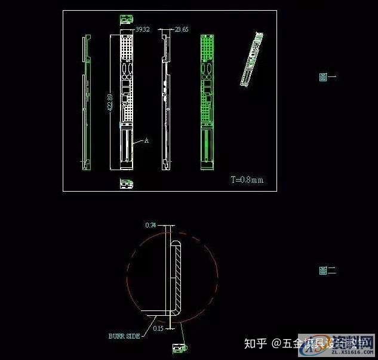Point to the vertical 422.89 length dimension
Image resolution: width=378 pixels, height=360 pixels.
click(x=110, y=101)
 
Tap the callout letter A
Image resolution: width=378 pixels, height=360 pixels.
click(x=146, y=141)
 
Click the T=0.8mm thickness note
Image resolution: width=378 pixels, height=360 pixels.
click(x=247, y=179)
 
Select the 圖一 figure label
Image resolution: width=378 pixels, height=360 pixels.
click(x=328, y=77)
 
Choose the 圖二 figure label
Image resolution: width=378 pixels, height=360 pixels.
click(x=328, y=270)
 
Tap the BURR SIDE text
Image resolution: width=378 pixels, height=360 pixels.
click(x=124, y=336)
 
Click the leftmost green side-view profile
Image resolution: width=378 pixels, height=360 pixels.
click(x=86, y=101)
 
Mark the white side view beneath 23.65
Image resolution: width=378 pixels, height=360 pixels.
click(x=165, y=101)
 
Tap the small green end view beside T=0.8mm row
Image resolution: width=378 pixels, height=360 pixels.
click(x=126, y=183)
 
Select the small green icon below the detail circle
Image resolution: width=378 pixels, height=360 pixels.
click(x=179, y=347)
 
